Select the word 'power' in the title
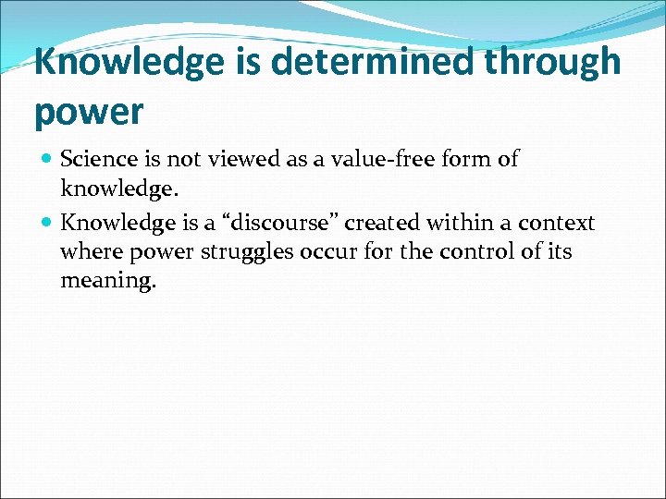pos(89,111)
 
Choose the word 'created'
pos(381,224)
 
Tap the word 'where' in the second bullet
pos(88,251)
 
